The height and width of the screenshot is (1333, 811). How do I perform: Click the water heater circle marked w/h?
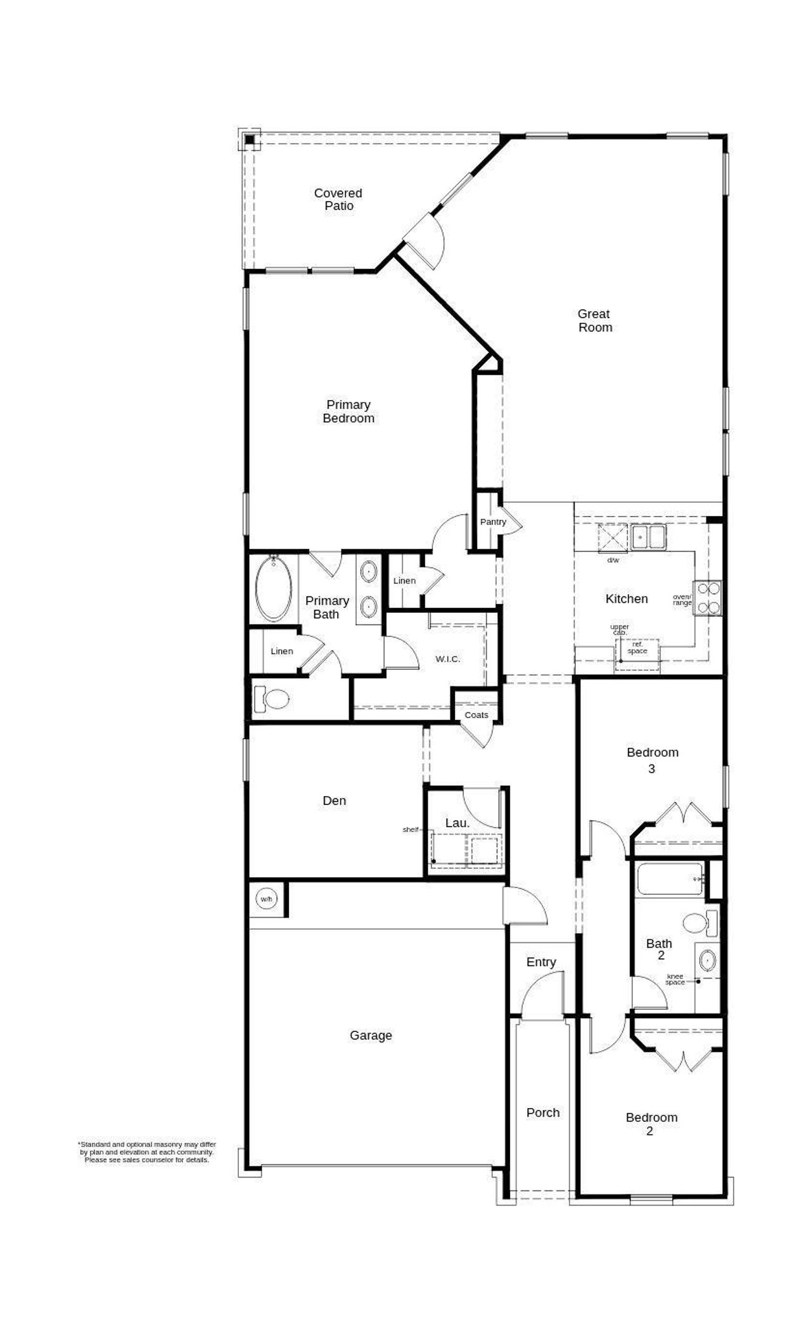tap(265, 899)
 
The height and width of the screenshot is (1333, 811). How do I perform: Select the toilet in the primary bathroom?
tap(272, 699)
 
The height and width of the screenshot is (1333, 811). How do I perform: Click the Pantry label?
tap(493, 522)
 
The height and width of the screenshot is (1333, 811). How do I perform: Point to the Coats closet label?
tap(476, 715)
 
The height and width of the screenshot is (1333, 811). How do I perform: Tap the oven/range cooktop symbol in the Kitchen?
tap(708, 598)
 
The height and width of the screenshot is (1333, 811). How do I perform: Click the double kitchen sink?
tap(648, 538)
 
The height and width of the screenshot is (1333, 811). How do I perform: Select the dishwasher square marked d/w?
tap(613, 539)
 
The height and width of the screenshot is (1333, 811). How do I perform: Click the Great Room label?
tap(595, 321)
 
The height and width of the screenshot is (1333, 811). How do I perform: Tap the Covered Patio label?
tap(338, 199)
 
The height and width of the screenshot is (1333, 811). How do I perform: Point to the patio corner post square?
tap(250, 139)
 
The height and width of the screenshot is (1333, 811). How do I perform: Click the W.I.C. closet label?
tap(447, 659)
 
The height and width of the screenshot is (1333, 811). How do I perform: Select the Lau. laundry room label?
tap(457, 823)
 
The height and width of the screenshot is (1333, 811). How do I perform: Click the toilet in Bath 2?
tap(700, 923)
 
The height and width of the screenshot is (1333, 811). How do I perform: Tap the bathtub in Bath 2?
tap(670, 879)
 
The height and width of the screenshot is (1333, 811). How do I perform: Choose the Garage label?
tap(371, 1036)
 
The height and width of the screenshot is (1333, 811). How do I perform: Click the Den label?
tap(334, 801)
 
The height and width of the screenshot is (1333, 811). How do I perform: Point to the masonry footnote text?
tap(147, 1152)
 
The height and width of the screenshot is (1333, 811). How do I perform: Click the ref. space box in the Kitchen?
tap(637, 648)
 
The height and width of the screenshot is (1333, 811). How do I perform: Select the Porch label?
tap(543, 1112)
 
